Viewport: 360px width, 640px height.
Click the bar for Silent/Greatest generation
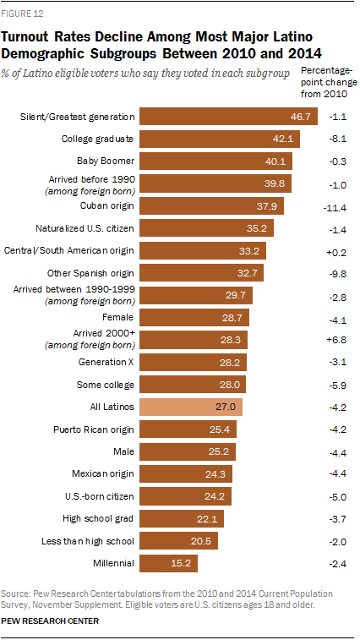pos(228,116)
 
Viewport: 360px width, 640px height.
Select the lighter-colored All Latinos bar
pos(191,407)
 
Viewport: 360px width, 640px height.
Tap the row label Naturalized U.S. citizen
pos(84,228)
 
